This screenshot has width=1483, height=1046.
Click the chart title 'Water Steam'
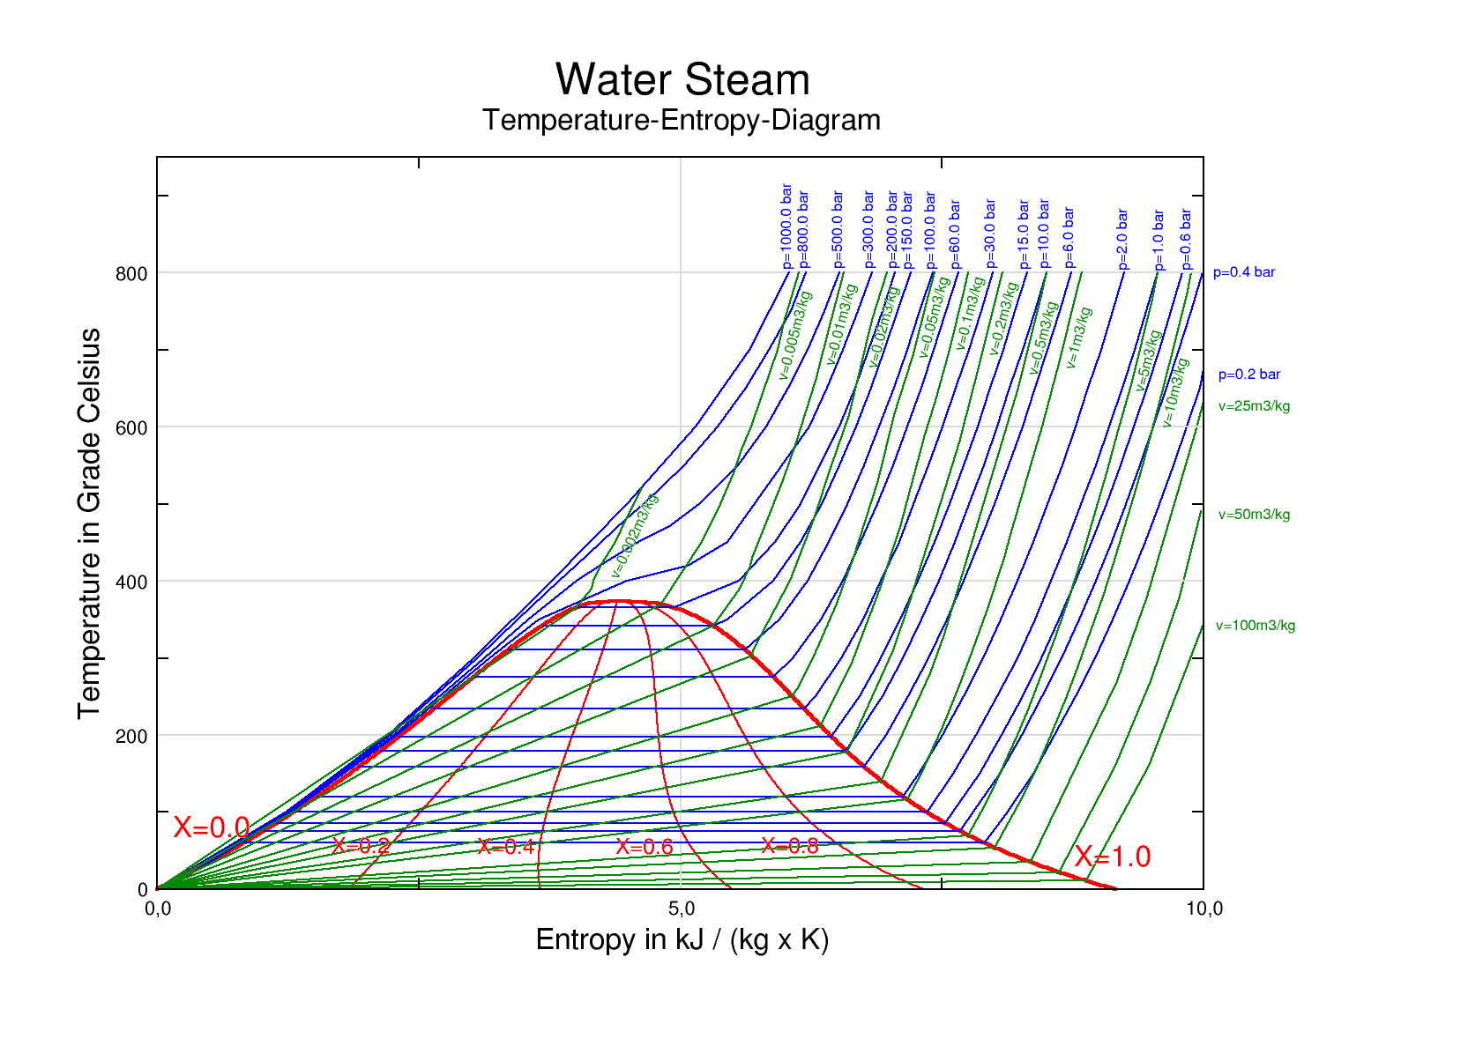click(x=682, y=80)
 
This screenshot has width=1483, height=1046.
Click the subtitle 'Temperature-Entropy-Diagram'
click(x=682, y=120)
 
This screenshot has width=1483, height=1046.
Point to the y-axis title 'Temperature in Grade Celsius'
click(x=89, y=523)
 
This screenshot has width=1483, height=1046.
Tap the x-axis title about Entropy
click(x=682, y=939)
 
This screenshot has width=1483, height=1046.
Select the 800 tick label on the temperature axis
click(x=131, y=274)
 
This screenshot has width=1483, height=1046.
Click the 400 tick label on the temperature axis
click(x=131, y=582)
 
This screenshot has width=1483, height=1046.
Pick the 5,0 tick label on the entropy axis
click(x=682, y=909)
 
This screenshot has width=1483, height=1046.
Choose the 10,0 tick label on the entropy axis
click(x=1204, y=909)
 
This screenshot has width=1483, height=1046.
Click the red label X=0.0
click(x=212, y=827)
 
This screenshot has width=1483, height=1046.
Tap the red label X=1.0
click(x=1113, y=857)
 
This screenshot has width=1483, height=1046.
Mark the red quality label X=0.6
click(x=645, y=847)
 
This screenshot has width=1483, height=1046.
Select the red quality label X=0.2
click(x=361, y=846)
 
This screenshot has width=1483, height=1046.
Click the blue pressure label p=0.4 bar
click(x=1244, y=272)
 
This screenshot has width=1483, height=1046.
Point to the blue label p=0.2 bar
click(x=1249, y=375)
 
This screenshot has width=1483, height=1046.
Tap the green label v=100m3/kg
click(x=1256, y=626)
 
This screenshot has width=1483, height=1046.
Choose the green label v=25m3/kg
click(x=1254, y=406)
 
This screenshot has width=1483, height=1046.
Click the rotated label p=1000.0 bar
click(x=787, y=226)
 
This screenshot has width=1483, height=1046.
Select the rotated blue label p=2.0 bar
click(x=1122, y=239)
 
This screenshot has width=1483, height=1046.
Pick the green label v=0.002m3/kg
click(x=635, y=536)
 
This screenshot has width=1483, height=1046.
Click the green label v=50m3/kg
click(x=1254, y=515)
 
